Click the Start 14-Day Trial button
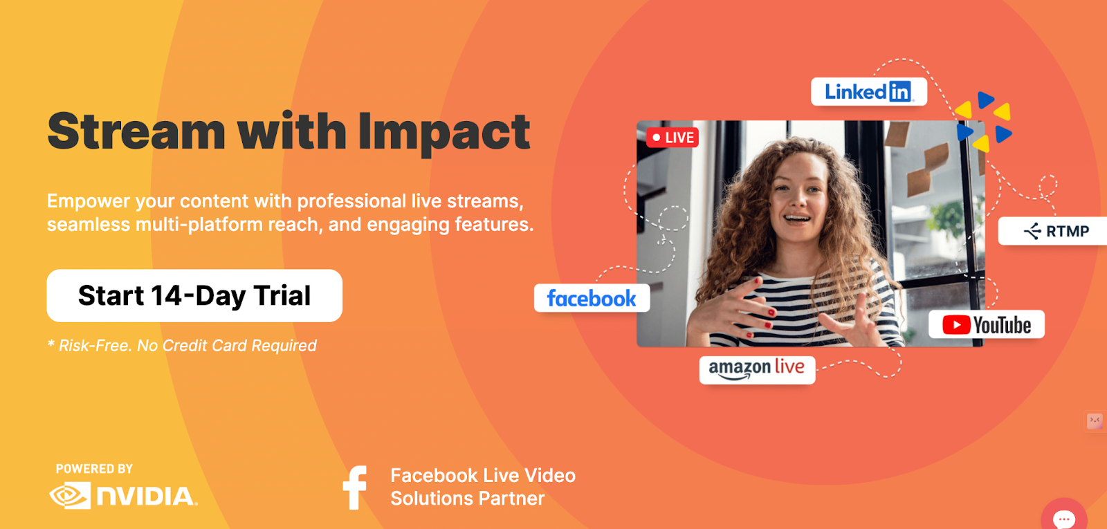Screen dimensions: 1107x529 [x=194, y=295]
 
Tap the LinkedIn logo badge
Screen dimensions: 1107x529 [x=869, y=91]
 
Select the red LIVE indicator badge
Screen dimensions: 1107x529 [x=673, y=138]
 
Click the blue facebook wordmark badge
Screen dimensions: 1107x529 [x=592, y=298]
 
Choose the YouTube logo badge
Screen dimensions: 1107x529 [x=987, y=324]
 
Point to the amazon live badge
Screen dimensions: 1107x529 [x=757, y=369]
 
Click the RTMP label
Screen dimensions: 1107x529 [x=1056, y=231]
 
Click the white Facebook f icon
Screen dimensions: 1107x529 [x=356, y=488]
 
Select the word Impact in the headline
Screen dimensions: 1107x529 [x=443, y=132]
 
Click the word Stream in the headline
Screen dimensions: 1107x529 [x=136, y=131]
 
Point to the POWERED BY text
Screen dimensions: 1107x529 [x=94, y=469]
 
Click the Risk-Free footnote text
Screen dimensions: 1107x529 [x=182, y=345]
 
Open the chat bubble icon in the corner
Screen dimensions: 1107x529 [x=1064, y=518]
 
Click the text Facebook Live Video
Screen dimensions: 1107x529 [x=483, y=476]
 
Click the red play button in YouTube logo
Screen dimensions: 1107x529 [x=956, y=324]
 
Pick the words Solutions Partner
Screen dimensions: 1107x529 [x=468, y=499]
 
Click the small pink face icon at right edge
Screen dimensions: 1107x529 [x=1095, y=421]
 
